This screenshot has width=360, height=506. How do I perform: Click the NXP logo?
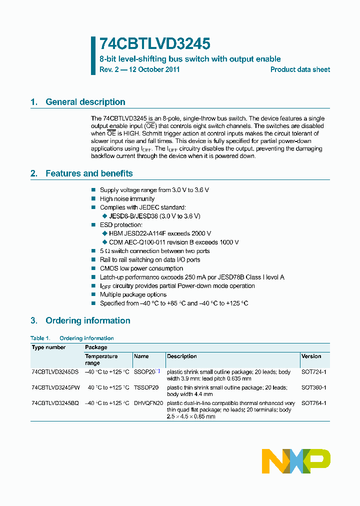(296, 461)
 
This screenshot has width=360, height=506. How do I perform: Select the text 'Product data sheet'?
(300, 69)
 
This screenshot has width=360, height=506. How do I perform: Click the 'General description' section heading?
(85, 102)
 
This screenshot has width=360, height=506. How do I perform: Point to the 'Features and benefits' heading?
(89, 173)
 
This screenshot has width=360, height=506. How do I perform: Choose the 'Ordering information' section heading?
(87, 320)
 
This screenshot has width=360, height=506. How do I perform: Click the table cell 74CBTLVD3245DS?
(55, 372)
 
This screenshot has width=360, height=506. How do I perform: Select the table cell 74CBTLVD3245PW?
(55, 387)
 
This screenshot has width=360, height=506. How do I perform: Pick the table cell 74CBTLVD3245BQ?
(55, 403)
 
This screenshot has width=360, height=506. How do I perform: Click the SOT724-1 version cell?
(313, 372)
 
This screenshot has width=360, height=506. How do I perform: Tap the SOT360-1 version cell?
(313, 387)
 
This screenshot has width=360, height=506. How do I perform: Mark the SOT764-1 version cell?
(313, 403)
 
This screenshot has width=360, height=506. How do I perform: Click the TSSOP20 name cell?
(146, 387)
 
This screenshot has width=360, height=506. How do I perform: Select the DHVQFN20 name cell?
(148, 403)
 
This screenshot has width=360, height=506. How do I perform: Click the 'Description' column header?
(182, 356)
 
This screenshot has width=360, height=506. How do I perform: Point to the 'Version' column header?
(311, 356)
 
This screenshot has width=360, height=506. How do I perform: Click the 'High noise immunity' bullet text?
(127, 198)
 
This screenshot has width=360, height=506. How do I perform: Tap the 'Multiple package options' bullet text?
(132, 294)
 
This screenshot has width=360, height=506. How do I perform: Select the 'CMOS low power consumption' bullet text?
(141, 268)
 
